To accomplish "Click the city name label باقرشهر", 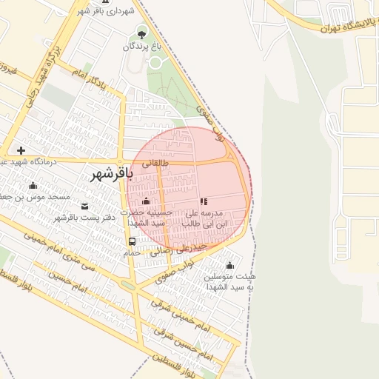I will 111,175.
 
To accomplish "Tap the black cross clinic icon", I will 21,150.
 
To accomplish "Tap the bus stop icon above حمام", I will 132,241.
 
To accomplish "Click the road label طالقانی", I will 155,163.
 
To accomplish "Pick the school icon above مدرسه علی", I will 204,201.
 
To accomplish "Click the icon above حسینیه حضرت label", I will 146,201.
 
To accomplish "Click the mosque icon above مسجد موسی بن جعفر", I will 33,185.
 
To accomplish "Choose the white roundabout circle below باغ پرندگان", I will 155,62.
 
